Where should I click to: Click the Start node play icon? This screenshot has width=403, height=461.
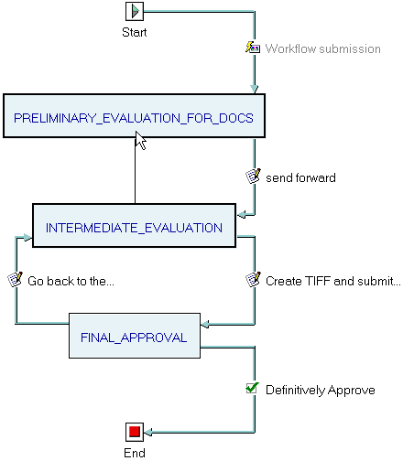coord(135,11)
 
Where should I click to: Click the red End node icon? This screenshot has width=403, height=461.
coord(135,432)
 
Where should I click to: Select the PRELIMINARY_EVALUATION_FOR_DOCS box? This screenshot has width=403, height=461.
coord(134,116)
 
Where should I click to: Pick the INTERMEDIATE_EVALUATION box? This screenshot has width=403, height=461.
coord(134,225)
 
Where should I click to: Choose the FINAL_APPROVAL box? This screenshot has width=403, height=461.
coord(135,336)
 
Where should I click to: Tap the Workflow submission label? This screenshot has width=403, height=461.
coord(322,48)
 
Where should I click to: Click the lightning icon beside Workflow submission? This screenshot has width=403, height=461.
coord(253,48)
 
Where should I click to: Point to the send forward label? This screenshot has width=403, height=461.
coord(300,177)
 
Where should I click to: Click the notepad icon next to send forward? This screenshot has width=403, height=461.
coord(253,176)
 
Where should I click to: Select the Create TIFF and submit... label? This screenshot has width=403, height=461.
coord(333,281)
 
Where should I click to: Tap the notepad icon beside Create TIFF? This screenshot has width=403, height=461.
coord(253,279)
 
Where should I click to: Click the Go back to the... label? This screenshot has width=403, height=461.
coord(71,281)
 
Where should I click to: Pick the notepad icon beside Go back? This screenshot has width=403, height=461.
coord(15,279)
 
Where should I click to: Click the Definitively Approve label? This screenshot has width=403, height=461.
coord(321,390)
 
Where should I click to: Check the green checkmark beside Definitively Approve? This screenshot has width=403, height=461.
coord(253,388)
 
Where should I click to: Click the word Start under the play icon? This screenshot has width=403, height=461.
coord(135,32)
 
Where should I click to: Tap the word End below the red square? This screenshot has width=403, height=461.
coord(135,453)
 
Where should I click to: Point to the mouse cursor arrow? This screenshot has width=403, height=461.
coord(140,141)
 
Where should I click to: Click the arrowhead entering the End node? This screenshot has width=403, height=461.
coord(148,432)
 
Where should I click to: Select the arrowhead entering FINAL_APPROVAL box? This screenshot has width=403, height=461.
coord(205,324)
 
